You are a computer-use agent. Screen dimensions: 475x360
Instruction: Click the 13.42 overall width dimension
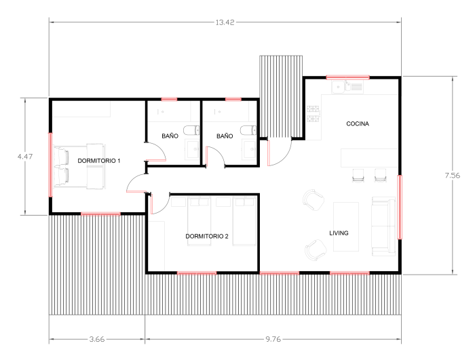click(x=225, y=22)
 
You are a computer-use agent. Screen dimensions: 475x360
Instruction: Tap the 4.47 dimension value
click(x=25, y=157)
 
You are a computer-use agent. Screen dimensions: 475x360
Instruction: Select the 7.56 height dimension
click(x=453, y=176)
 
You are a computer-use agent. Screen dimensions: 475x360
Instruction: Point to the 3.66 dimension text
click(x=97, y=339)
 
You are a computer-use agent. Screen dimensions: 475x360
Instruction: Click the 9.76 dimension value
click(x=273, y=339)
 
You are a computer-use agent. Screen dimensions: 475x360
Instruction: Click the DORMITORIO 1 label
click(x=99, y=161)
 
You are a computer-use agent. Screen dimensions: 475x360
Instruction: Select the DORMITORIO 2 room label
click(x=207, y=236)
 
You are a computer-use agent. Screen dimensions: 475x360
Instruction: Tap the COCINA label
click(x=358, y=123)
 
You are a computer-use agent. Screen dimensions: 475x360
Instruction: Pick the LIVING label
click(x=339, y=233)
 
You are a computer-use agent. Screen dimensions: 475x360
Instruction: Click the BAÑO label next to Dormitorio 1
click(x=170, y=136)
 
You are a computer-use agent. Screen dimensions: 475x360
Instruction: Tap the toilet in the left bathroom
click(x=191, y=130)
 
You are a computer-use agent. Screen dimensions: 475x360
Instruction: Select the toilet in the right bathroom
click(x=248, y=130)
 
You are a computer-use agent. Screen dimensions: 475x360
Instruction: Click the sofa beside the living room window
click(x=383, y=226)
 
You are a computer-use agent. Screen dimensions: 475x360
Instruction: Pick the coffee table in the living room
click(x=346, y=226)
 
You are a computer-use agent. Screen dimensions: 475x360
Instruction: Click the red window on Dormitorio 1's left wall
click(x=51, y=165)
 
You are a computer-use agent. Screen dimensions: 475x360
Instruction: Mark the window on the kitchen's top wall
click(x=347, y=77)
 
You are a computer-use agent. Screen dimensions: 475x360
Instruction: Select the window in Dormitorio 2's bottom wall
click(x=197, y=273)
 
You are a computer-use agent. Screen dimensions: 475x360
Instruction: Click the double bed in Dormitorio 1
click(x=79, y=167)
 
